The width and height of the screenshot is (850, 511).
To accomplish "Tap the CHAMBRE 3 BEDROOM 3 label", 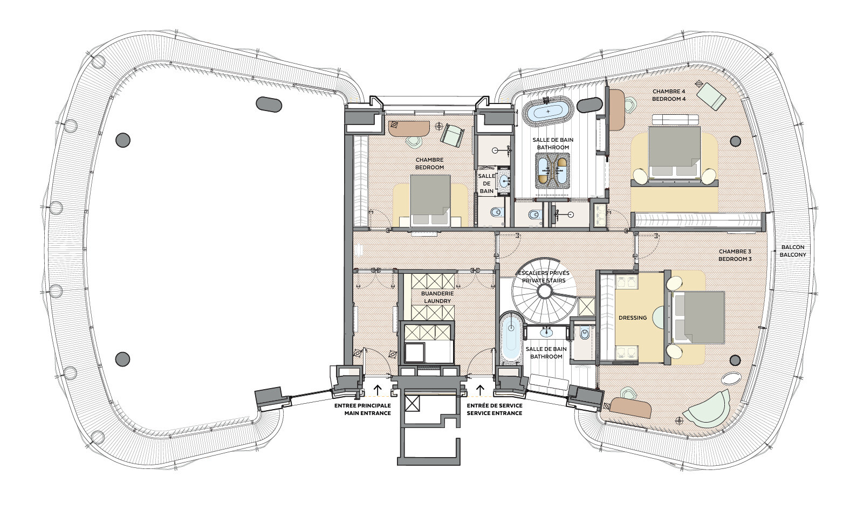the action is pos(735,255).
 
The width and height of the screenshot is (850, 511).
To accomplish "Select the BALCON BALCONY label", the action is pos(793,251).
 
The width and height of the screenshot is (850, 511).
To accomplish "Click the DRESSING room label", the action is pos(633,318).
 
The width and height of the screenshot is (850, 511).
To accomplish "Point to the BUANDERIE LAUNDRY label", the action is pos(437,298).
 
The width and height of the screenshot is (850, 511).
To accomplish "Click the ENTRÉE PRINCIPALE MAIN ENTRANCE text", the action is pos(362,409).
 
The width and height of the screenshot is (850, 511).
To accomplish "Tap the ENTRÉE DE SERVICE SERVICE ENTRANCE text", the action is pos(495,409).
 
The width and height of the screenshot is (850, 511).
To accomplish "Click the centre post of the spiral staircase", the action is pos(545,292).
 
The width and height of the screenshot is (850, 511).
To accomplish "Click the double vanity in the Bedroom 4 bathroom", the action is pos(552,170).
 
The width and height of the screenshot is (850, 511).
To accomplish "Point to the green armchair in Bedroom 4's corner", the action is pos(711,97).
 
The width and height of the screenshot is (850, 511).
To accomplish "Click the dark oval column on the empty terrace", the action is pos(269,105).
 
